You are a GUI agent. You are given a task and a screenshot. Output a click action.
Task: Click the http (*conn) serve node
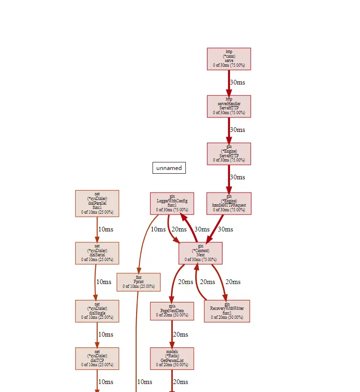point(229,59)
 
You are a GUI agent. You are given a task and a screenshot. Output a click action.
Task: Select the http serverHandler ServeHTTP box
point(229,106)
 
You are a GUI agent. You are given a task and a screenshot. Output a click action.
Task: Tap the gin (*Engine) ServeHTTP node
point(229,154)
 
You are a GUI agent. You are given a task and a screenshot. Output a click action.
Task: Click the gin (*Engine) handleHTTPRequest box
point(229,204)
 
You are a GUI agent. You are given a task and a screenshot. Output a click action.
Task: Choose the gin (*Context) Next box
point(200,253)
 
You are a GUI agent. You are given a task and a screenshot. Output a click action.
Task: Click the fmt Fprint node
point(138,282)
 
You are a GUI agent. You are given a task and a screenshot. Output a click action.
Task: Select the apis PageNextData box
point(172,311)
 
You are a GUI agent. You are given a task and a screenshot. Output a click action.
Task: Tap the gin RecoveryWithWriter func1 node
point(227,311)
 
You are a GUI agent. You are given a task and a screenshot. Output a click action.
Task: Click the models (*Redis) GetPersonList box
point(172,358)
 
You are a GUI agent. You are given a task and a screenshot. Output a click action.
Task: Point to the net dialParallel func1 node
point(97,203)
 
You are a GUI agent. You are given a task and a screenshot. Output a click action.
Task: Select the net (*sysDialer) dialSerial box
point(97,253)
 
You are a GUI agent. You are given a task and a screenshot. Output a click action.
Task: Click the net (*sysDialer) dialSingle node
point(97,311)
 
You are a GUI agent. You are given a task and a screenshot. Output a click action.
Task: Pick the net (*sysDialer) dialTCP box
point(97,358)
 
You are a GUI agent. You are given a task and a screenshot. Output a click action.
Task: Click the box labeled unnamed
point(169,168)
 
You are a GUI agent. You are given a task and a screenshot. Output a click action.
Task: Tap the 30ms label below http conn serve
point(237,82)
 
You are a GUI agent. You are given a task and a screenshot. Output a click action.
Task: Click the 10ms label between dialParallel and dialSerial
point(105,229)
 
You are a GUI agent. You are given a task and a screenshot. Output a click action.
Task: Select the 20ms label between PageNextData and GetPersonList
point(180,334)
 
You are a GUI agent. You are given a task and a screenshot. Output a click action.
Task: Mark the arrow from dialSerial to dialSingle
point(95,282)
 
